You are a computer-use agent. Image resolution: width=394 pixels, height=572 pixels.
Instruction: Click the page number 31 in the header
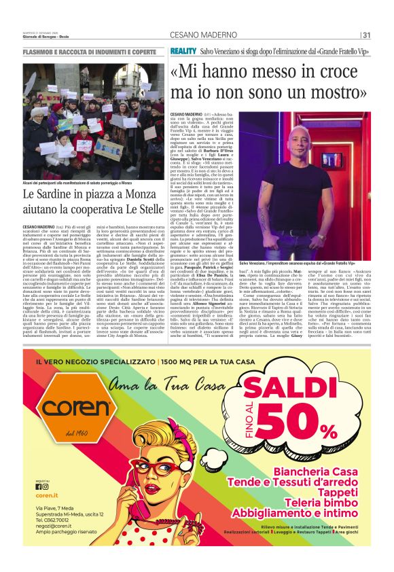point(367,35)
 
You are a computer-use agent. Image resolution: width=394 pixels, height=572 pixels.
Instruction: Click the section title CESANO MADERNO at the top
point(198,35)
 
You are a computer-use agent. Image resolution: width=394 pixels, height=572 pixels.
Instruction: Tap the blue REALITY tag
point(183,52)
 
